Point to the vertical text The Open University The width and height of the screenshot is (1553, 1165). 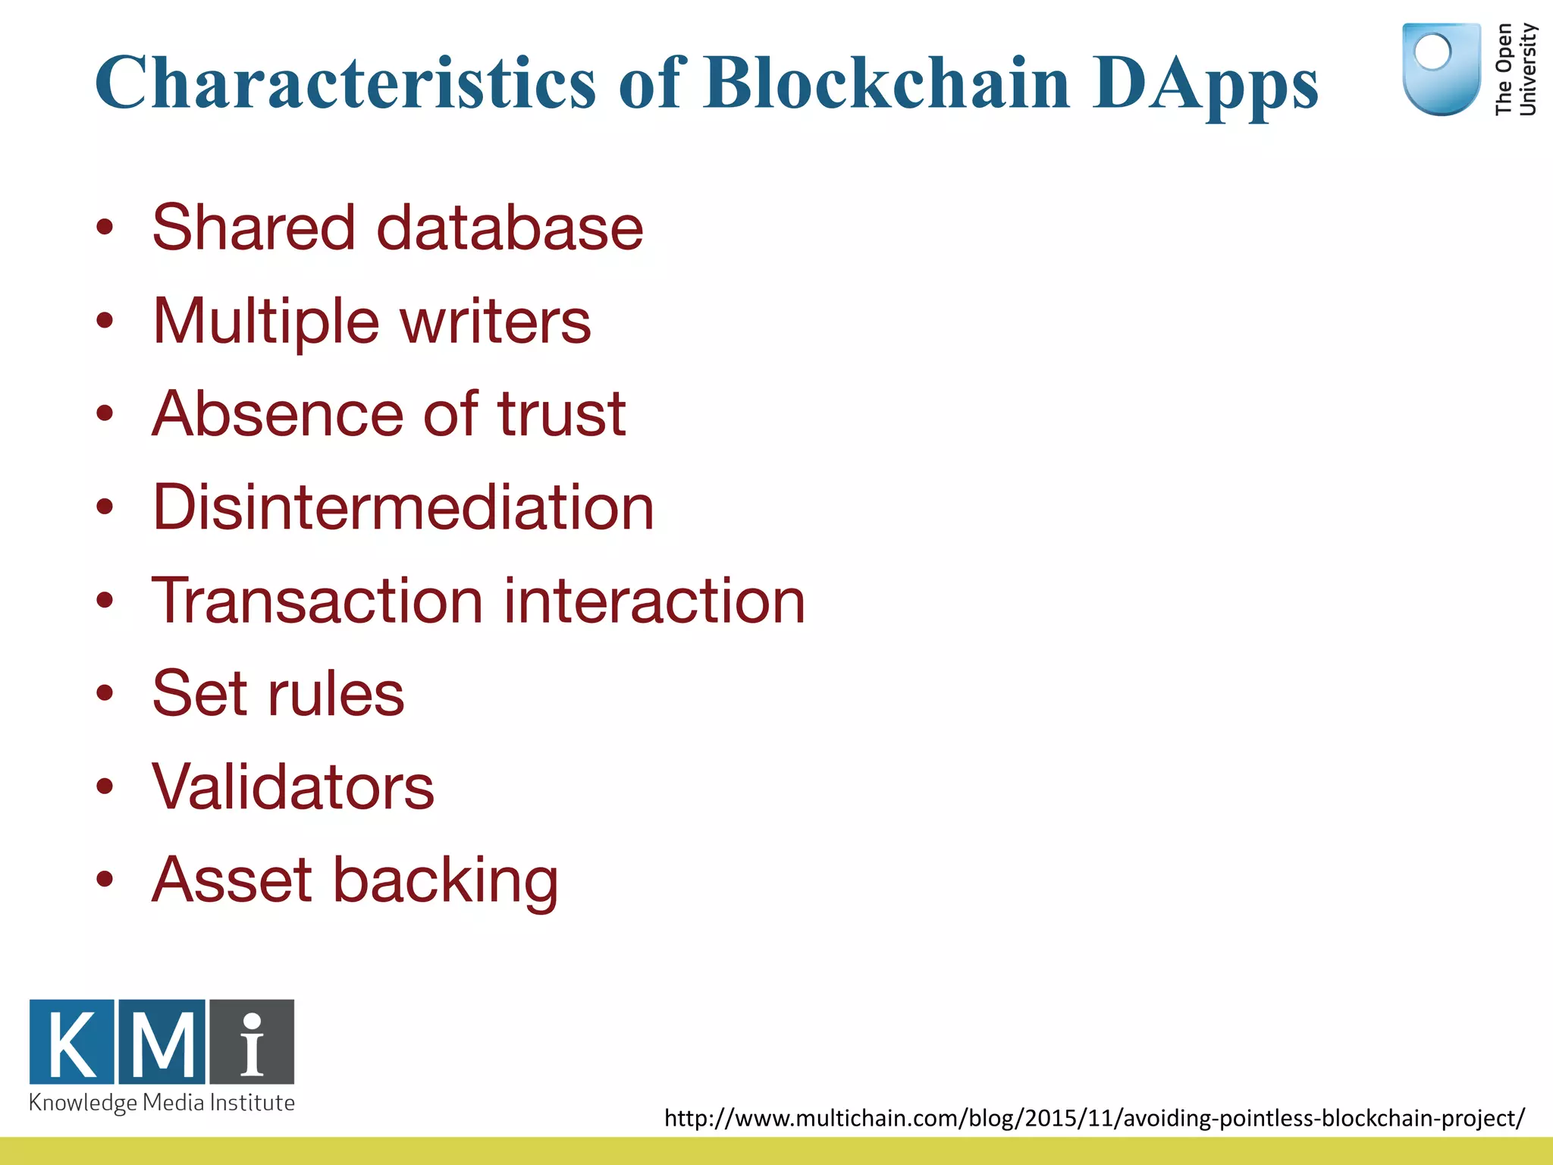pyautogui.click(x=1514, y=70)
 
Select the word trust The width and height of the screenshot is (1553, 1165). pyautogui.click(x=561, y=414)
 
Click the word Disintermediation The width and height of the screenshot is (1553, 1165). pyautogui.click(x=403, y=507)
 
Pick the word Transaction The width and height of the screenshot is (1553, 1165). pyautogui.click(x=317, y=601)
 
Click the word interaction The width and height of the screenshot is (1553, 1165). pyautogui.click(x=654, y=601)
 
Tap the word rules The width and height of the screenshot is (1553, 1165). pyautogui.click(x=336, y=693)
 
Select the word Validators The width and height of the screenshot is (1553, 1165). pyautogui.click(x=293, y=787)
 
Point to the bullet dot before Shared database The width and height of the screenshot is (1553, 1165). pyautogui.click(x=105, y=228)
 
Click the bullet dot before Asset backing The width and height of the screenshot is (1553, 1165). pyautogui.click(x=105, y=880)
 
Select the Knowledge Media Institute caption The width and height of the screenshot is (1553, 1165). pyautogui.click(x=162, y=1103)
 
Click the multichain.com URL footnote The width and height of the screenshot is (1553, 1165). pyautogui.click(x=1093, y=1118)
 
